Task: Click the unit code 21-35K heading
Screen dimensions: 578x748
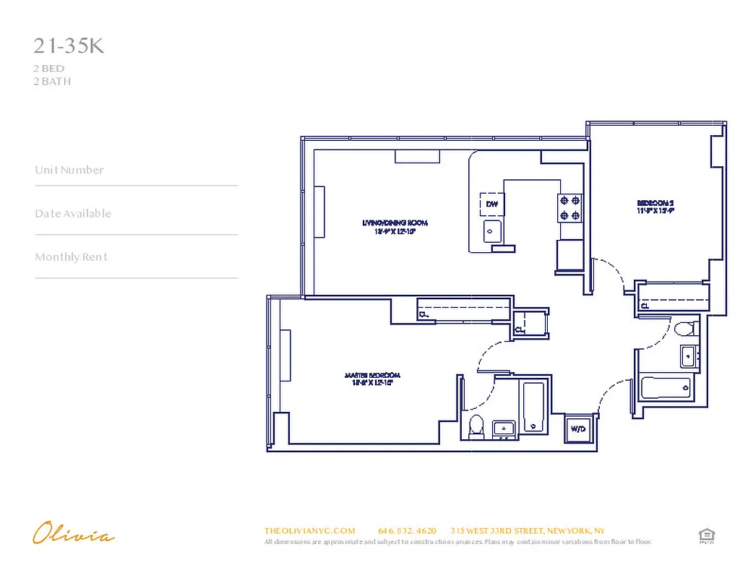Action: click(69, 46)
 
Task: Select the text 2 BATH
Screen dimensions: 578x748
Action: click(52, 82)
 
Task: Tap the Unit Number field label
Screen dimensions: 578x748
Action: click(69, 171)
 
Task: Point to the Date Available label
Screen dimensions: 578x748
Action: click(73, 214)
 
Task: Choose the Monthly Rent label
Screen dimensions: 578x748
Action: click(71, 257)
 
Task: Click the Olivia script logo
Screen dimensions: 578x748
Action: click(73, 535)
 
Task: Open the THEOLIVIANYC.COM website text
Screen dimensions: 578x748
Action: click(309, 530)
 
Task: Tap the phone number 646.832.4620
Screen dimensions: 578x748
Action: click(407, 530)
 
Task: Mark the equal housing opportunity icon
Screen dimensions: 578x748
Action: click(706, 535)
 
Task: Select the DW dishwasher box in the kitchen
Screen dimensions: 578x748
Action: click(492, 204)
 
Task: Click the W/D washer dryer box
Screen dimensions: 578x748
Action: click(578, 428)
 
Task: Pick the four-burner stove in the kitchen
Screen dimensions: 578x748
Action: click(569, 208)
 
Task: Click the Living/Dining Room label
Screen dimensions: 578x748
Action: click(390, 228)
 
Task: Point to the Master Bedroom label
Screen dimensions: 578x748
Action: click(372, 379)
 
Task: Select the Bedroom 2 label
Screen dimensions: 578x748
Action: click(655, 207)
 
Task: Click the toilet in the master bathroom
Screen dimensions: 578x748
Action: click(476, 426)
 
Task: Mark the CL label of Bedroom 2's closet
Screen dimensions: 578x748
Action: click(645, 306)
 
